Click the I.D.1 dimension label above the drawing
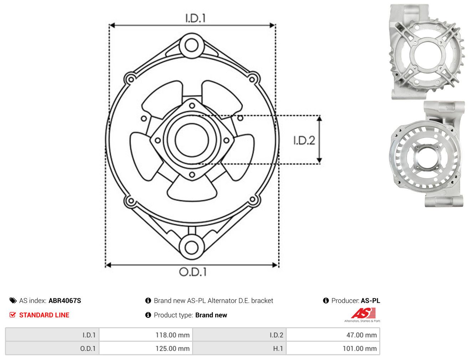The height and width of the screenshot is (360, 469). click(195, 18)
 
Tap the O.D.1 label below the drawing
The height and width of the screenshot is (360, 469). click(193, 272)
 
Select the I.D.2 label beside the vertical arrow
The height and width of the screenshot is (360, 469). click(304, 140)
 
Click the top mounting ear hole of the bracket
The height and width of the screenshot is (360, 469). click(191, 45)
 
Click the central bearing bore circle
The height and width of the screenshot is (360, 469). click(192, 140)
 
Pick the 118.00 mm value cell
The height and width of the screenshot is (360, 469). click(146, 335)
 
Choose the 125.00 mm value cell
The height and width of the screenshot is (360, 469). click(146, 348)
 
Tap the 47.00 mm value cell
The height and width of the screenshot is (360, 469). click(333, 335)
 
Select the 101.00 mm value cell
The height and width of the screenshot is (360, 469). click(333, 348)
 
